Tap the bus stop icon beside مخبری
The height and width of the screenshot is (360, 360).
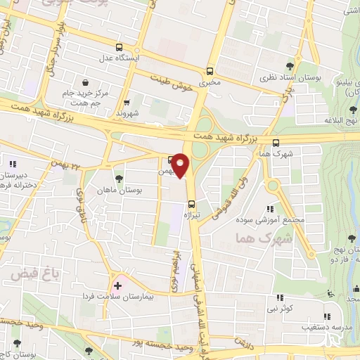(x=210, y=71)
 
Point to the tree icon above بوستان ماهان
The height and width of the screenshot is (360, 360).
(x=117, y=178)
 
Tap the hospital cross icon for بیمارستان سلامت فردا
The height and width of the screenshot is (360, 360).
(x=117, y=285)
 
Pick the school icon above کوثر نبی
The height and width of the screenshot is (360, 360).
(x=279, y=297)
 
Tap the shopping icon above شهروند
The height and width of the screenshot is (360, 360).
(x=127, y=101)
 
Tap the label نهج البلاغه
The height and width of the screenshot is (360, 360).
(x=337, y=121)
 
